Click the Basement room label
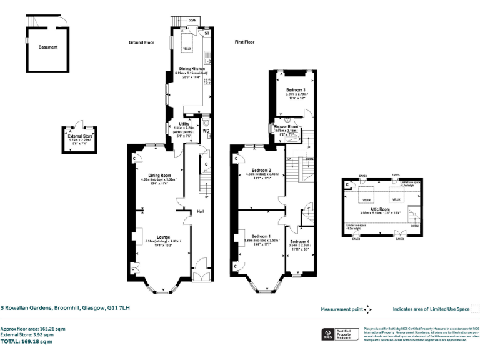47,47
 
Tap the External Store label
79,136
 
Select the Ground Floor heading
142,42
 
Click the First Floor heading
245,42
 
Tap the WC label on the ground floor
206,131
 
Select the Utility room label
184,124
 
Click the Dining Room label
160,175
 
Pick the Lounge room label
163,237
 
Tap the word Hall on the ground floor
201,212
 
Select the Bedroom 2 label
261,171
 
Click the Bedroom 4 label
299,242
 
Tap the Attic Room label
379,209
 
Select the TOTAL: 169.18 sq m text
27,342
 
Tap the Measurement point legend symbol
368,309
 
